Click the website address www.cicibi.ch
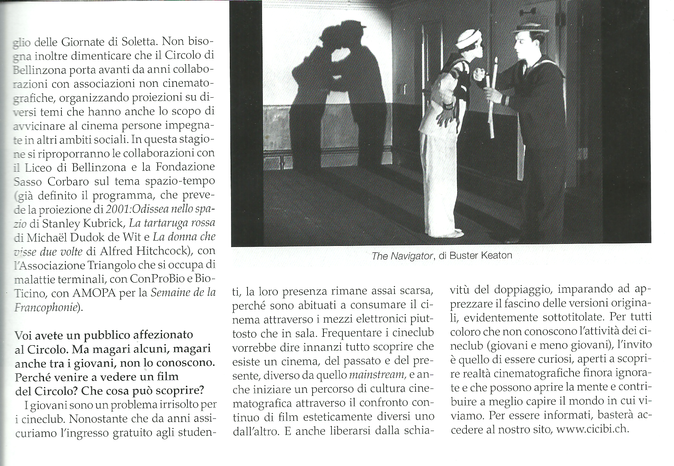tap(593, 429)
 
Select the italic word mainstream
tap(377, 376)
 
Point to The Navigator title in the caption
tap(401, 256)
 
